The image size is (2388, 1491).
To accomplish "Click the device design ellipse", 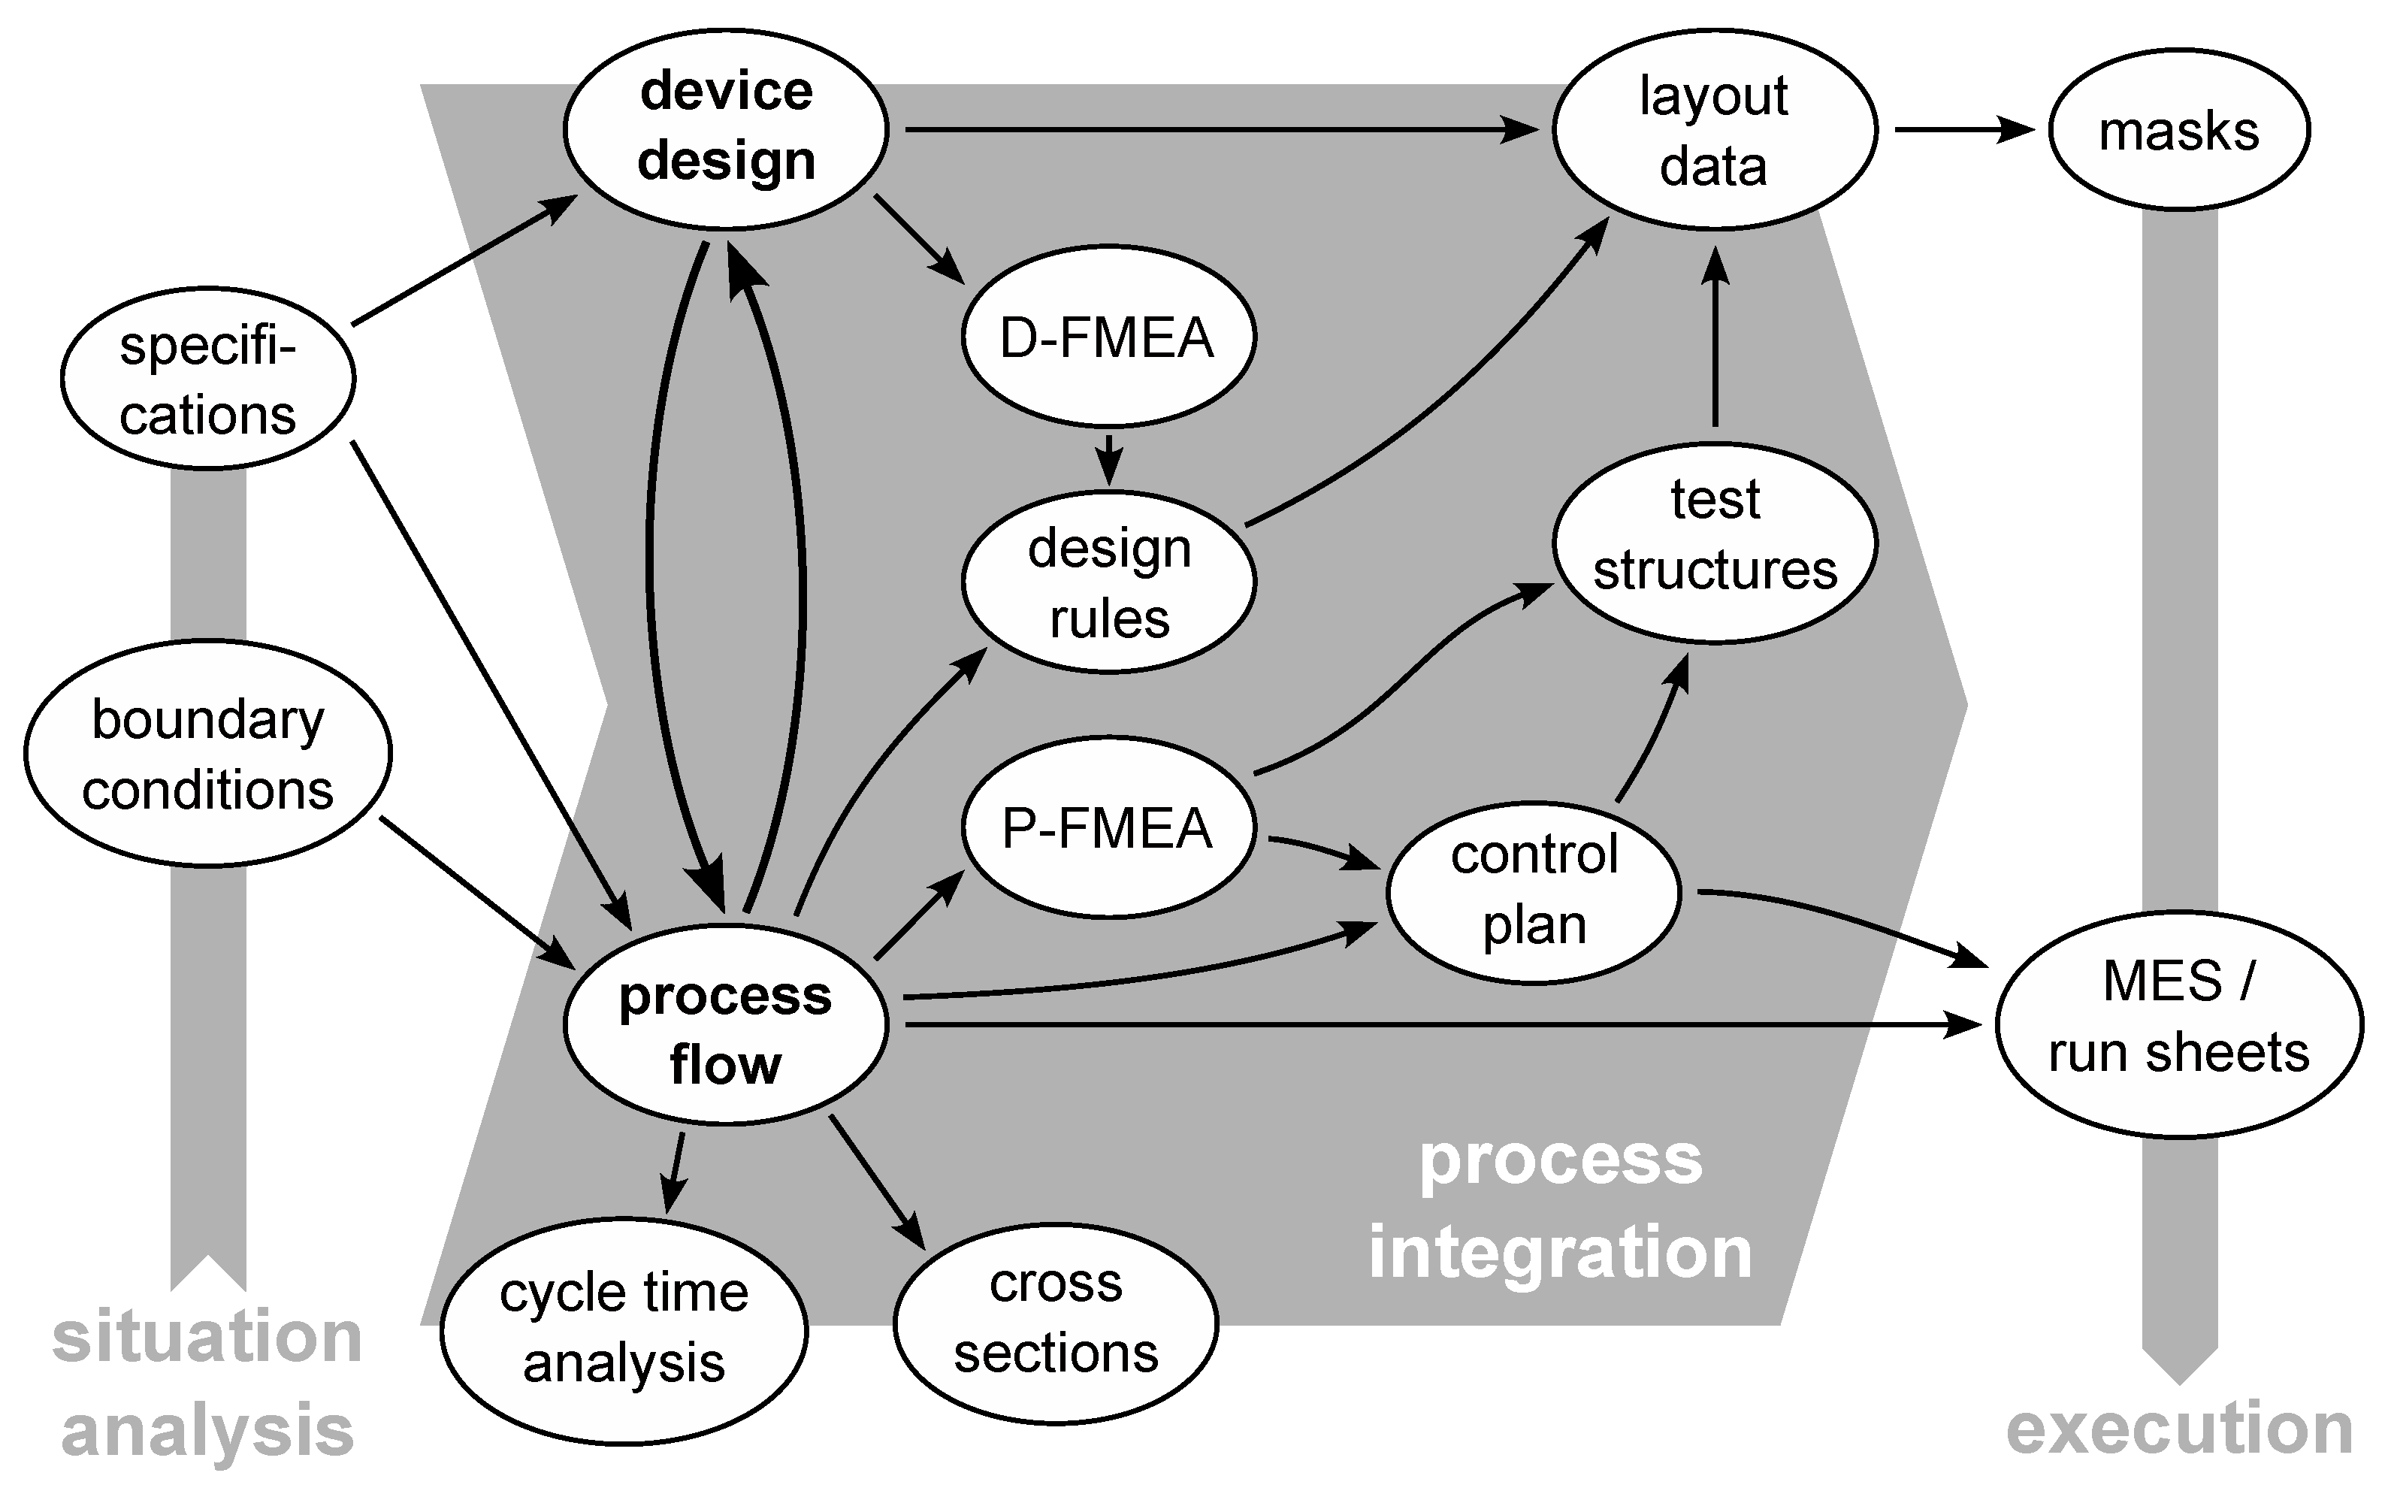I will (727, 129).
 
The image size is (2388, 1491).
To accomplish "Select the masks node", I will (2179, 129).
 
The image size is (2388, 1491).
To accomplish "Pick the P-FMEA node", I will (1108, 827).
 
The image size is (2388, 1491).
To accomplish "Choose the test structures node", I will (1715, 543).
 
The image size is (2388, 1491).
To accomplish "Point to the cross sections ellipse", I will (1056, 1321).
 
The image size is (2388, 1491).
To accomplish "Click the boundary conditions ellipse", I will (208, 753).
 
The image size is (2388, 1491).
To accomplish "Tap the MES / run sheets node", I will (2179, 1024).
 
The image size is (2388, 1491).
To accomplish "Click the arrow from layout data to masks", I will (1962, 129).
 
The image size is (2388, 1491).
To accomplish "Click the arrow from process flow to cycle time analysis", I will (675, 1172).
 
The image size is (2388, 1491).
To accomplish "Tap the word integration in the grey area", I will (1560, 1252).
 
